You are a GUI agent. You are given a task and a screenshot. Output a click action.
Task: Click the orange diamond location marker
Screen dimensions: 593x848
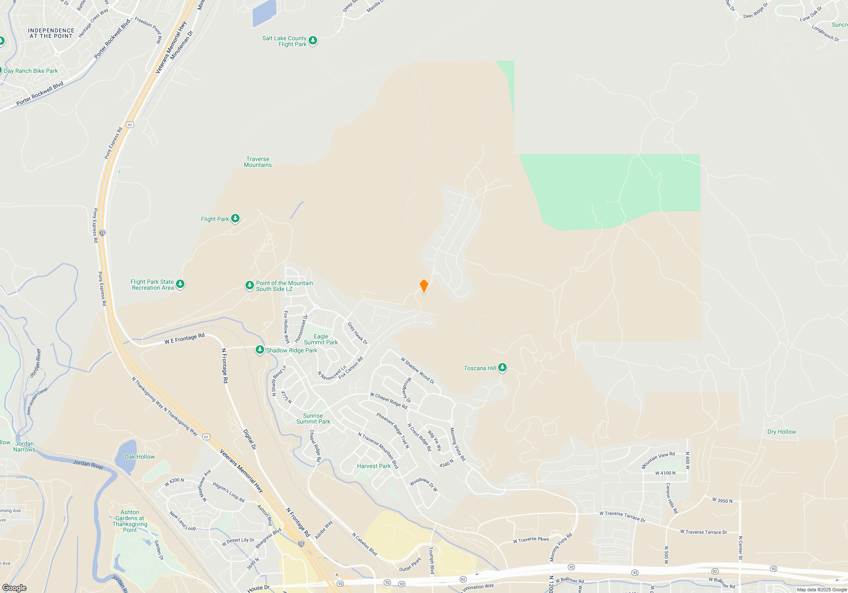(x=424, y=286)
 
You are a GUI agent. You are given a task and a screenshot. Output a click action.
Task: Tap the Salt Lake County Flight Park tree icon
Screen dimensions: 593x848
(x=313, y=41)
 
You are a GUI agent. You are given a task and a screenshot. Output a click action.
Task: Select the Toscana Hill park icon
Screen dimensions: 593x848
(x=502, y=368)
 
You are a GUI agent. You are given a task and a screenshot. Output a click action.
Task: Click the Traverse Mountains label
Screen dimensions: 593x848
(x=258, y=162)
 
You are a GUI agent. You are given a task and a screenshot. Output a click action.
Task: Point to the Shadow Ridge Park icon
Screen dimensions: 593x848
(x=260, y=350)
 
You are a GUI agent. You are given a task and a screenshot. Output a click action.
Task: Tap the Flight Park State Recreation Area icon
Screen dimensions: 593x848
(x=180, y=284)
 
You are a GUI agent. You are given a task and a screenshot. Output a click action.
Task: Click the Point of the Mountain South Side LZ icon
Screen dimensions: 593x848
(x=250, y=285)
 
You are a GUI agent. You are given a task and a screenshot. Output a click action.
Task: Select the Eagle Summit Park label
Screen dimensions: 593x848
(x=321, y=339)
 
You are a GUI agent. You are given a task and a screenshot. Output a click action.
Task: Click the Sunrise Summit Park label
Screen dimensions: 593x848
(x=313, y=418)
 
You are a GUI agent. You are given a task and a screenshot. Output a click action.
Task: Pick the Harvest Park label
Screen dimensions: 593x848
(x=374, y=466)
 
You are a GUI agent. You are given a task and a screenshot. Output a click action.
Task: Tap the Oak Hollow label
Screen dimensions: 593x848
(x=139, y=457)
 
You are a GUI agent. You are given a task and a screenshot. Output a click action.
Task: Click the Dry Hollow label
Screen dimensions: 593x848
(x=781, y=432)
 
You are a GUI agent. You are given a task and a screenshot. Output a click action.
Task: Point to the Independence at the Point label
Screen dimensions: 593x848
(x=51, y=33)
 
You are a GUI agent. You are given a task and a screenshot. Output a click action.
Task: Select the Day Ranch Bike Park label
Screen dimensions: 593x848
(x=31, y=71)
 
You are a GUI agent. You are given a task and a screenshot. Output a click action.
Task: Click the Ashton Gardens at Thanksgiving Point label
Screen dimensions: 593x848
(x=130, y=521)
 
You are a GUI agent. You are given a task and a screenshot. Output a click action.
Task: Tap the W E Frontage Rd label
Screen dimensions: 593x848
(x=184, y=338)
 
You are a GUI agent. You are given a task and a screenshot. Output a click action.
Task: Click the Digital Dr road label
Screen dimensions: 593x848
(x=250, y=439)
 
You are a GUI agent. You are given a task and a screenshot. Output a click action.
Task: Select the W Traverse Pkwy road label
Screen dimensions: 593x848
(x=531, y=540)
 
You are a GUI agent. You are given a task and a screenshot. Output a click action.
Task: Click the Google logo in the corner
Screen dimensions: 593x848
(x=14, y=588)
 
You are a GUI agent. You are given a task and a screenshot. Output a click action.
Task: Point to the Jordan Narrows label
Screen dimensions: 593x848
(x=25, y=446)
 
